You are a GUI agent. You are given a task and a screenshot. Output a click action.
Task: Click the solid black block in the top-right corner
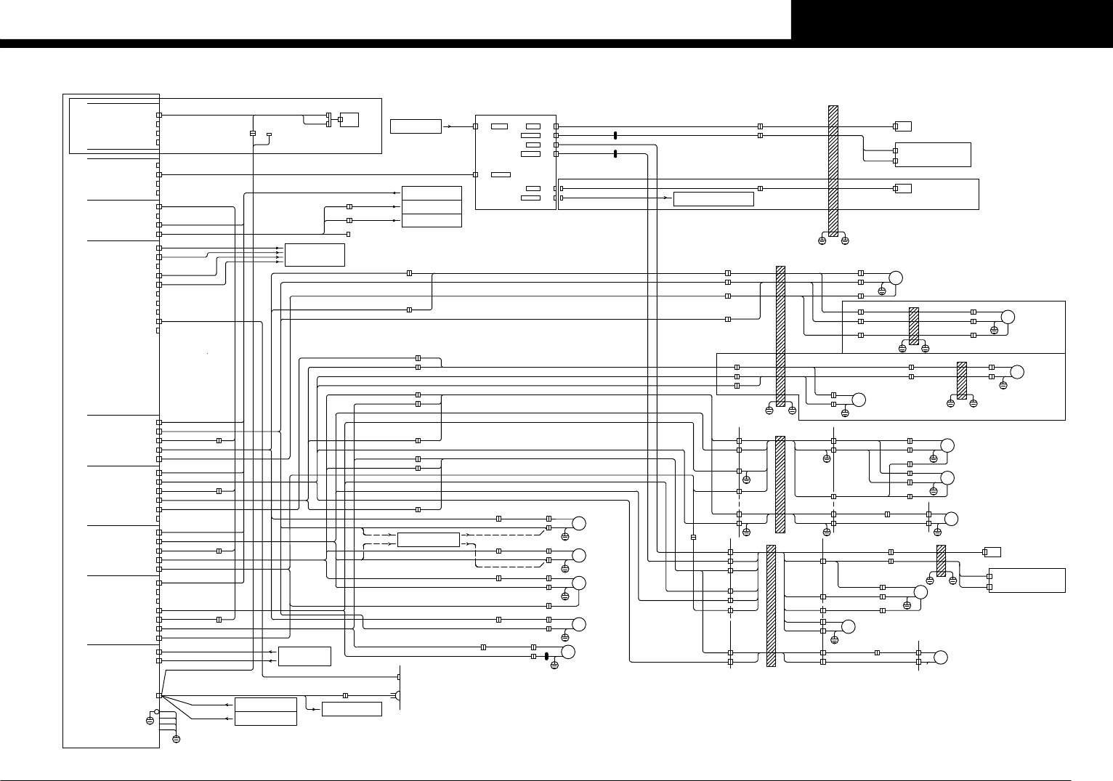pos(952,20)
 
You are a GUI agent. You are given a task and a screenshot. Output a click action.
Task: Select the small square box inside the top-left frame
pos(349,119)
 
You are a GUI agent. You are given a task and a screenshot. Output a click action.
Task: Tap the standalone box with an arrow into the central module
pos(416,126)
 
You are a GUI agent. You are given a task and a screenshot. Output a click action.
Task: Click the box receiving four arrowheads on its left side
pos(315,255)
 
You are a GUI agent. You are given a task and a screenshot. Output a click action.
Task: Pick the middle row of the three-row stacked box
pos(432,207)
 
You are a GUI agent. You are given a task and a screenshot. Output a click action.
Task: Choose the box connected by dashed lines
pos(429,540)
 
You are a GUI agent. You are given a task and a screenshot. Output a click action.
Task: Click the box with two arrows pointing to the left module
pos(304,656)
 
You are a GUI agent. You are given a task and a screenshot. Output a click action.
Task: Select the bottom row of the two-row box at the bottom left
pos(266,719)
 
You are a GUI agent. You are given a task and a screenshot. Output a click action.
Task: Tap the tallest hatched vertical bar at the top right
pos(833,171)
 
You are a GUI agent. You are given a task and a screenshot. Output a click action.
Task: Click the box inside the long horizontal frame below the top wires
pos(713,199)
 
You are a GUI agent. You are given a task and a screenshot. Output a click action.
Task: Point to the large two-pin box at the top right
pos(934,155)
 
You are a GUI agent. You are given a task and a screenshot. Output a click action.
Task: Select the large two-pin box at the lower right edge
pos(1027,580)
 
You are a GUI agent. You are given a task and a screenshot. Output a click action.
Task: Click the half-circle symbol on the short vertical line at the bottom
pos(399,696)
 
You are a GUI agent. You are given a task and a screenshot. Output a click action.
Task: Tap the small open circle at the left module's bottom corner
pos(156,712)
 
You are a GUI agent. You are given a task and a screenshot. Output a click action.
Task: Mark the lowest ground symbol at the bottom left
pos(176,739)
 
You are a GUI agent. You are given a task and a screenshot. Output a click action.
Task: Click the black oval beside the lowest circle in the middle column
pos(546,656)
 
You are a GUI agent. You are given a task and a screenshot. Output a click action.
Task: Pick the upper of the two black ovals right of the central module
pos(615,135)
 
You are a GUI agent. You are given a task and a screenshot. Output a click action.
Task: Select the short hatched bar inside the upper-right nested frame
pos(914,325)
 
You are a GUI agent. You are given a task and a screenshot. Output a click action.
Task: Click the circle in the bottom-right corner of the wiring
pos(941,657)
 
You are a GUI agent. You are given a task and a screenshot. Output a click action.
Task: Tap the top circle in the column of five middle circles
pos(579,524)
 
